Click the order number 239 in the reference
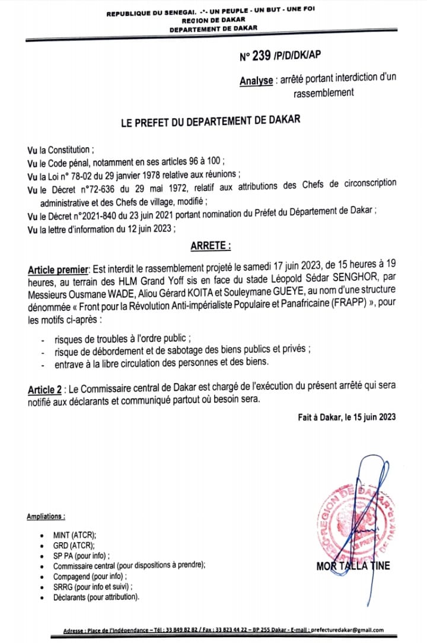262,56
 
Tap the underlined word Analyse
256,81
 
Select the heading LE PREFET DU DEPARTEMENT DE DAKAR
211,120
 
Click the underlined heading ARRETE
210,244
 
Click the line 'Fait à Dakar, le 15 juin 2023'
346,417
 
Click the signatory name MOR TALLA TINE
353,565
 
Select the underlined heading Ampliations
46,517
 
